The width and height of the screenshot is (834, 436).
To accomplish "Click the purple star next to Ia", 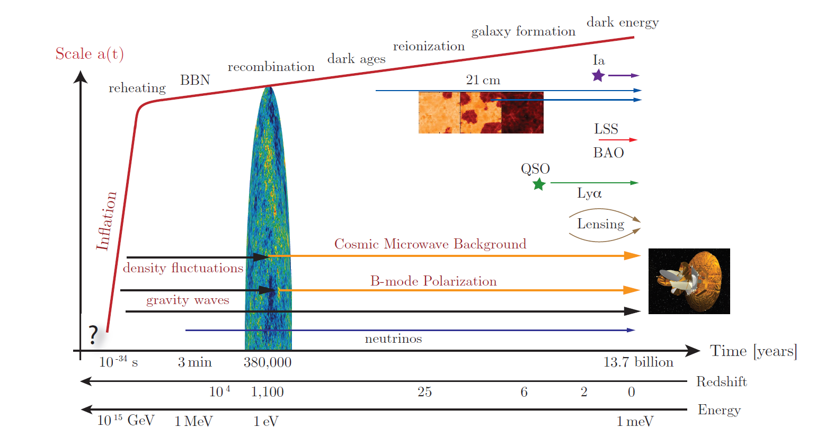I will click(x=598, y=75).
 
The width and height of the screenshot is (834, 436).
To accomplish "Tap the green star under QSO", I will click(x=539, y=184).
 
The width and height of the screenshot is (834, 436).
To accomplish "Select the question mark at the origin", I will click(x=94, y=335).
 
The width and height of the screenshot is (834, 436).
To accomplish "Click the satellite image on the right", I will click(x=689, y=281).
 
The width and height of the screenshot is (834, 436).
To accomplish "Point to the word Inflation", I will click(x=106, y=221).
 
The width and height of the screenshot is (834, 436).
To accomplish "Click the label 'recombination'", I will click(x=271, y=67).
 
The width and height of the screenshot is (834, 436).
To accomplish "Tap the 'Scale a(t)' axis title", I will click(x=90, y=54).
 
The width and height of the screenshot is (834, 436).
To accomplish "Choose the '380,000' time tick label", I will click(x=268, y=362).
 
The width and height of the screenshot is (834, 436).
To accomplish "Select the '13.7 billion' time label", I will click(x=638, y=362).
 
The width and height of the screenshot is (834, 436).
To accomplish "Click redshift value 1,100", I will click(x=267, y=392).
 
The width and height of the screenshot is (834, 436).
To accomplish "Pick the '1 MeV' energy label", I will click(x=193, y=422).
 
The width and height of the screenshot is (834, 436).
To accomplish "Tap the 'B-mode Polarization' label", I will click(x=433, y=281).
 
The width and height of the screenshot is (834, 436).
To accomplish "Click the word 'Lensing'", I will click(x=600, y=224).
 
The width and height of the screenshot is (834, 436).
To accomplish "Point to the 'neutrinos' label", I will click(x=393, y=339).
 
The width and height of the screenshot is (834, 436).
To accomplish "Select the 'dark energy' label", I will click(x=623, y=22).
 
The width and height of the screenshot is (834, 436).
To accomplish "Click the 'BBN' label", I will click(x=195, y=80).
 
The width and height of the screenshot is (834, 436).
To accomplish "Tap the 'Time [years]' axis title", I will click(x=753, y=351).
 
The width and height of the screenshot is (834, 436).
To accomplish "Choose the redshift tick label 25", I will click(x=424, y=392).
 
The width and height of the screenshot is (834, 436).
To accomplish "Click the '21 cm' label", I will click(x=483, y=80).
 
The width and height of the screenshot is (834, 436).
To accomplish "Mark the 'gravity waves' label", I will click(x=188, y=300).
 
